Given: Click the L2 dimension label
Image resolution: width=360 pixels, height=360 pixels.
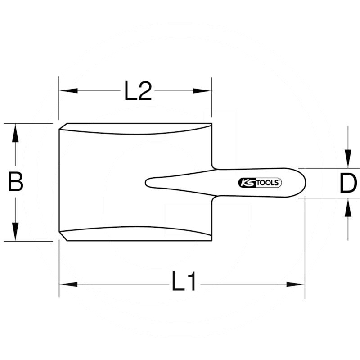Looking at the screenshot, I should click(138, 91).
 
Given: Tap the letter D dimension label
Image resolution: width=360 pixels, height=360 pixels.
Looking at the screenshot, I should click(348, 184).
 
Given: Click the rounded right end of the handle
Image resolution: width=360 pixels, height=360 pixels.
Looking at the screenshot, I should click(304, 183).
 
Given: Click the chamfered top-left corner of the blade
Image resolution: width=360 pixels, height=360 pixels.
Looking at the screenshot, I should click(63, 126).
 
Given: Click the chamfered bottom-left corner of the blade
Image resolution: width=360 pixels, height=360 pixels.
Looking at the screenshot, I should click(63, 237).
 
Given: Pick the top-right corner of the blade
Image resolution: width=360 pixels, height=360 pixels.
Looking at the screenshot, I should click(211, 124).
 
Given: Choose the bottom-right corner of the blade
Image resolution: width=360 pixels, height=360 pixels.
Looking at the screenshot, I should click(211, 241).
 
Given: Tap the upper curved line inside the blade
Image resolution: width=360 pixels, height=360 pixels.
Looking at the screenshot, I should click(135, 134).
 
